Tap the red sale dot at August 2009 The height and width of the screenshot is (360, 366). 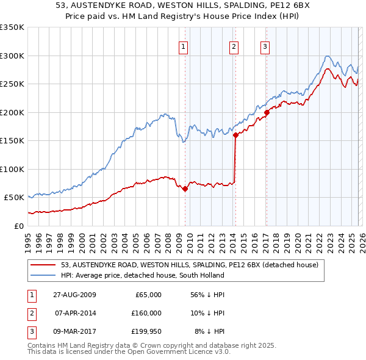(185, 189)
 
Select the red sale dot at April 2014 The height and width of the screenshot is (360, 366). (235, 135)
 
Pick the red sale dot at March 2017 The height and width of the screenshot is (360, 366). (267, 112)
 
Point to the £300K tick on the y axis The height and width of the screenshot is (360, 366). (12, 56)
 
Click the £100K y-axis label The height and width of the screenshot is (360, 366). (12, 169)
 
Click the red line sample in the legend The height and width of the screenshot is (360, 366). (44, 265)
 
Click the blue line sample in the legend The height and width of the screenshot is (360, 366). (44, 276)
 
